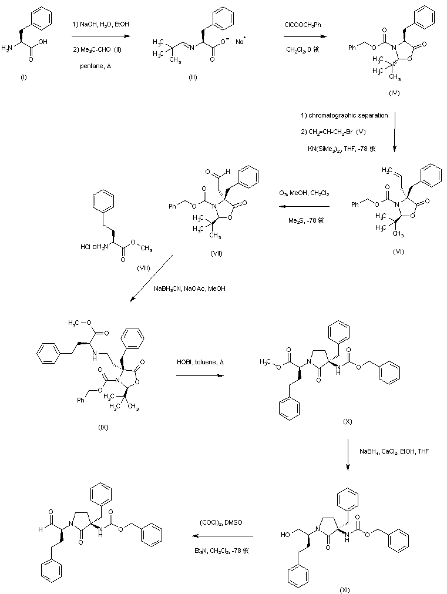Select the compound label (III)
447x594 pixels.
tap(192, 78)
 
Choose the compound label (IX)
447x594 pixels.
tap(103, 427)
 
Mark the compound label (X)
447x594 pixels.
tap(348, 422)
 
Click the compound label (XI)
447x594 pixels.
tap(345, 589)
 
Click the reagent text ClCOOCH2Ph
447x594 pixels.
tap(303, 24)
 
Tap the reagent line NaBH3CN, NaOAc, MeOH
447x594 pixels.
tap(190, 288)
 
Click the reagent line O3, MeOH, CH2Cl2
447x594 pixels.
tap(304, 193)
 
